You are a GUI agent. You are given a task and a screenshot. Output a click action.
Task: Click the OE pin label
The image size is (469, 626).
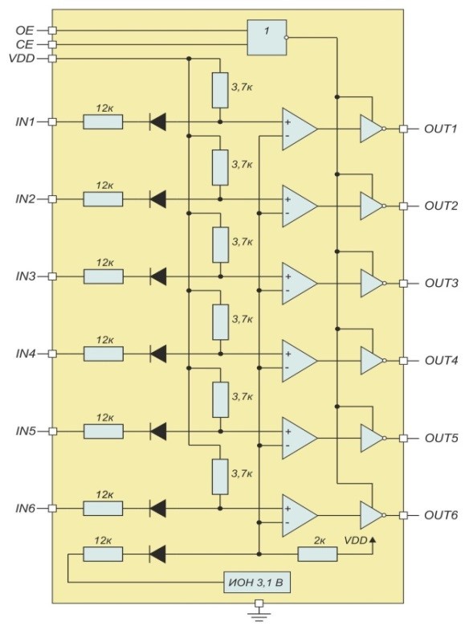tap(25, 31)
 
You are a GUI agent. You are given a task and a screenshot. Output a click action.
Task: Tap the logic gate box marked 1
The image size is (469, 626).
tap(267, 38)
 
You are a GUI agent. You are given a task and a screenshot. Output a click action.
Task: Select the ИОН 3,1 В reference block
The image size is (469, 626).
tap(257, 583)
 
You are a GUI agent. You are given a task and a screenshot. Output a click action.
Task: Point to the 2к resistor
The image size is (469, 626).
tap(317, 554)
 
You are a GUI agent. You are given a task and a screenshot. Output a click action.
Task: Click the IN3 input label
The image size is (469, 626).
tap(26, 276)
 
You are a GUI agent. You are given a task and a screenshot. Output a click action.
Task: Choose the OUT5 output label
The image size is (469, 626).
tap(441, 438)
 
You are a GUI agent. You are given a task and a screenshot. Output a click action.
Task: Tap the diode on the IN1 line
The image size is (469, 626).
tap(157, 121)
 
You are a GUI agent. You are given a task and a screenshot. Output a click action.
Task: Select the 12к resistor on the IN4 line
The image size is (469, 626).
tap(104, 354)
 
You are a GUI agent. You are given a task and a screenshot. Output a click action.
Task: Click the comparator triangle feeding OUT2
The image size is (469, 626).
tap(300, 206)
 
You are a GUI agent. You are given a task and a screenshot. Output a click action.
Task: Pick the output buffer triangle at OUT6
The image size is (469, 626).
tap(373, 515)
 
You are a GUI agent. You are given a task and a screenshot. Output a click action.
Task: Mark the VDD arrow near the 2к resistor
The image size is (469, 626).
tap(373, 541)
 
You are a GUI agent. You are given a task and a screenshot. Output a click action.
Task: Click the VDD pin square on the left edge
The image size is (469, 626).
tap(52, 59)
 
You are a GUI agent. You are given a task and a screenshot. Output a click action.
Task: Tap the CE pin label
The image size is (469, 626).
tap(25, 44)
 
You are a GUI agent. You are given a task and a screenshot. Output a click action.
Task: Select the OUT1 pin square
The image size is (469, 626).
tap(403, 129)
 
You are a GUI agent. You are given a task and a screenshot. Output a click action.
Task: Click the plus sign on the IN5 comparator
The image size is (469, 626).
tap(288, 432)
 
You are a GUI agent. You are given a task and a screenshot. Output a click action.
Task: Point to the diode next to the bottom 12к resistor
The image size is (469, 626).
tap(157, 554)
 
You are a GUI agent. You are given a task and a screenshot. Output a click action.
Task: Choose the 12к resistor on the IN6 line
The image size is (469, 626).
tap(103, 508)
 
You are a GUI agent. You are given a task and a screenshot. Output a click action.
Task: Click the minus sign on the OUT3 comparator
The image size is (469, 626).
tap(288, 291)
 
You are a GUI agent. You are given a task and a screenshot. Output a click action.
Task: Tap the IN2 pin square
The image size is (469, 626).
tap(52, 198)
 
